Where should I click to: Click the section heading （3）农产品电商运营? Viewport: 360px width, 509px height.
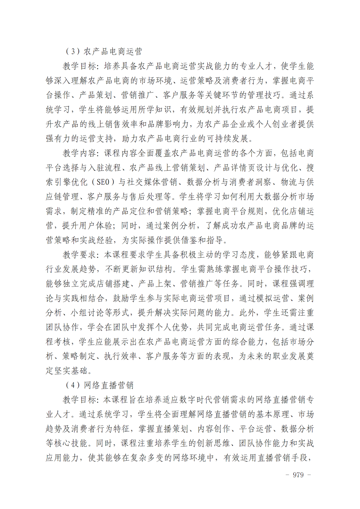coord(104,51)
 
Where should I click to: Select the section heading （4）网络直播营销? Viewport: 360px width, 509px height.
coord(99,385)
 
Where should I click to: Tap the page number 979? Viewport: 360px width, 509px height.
coord(298,475)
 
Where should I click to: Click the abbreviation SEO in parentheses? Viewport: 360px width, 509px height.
coord(103,182)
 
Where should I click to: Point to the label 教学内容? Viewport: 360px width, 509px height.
coord(79,153)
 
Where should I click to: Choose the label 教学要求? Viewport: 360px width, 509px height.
coord(79,255)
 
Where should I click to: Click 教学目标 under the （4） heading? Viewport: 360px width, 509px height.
coord(79,400)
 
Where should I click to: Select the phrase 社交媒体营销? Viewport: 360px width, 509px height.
coord(152,182)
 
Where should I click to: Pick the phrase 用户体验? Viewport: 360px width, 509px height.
coord(95,226)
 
